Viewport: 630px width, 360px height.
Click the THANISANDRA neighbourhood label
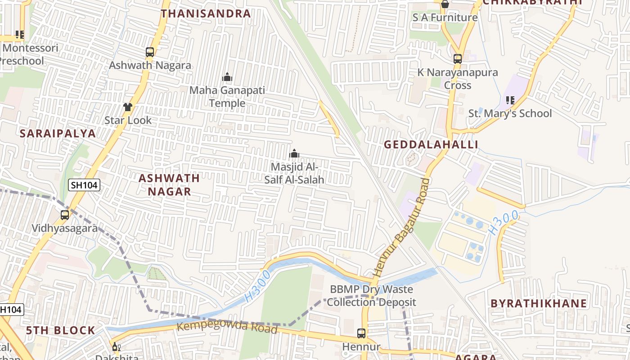(x=206, y=13)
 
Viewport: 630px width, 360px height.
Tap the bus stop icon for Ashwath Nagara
(x=150, y=52)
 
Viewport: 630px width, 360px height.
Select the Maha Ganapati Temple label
(x=227, y=97)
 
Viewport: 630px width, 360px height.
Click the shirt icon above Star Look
(x=128, y=107)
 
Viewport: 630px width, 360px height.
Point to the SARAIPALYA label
(x=58, y=133)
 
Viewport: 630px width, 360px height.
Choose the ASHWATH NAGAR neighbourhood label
(x=169, y=184)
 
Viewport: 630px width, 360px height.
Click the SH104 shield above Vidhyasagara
(x=84, y=185)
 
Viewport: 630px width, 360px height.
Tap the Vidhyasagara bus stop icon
(x=65, y=215)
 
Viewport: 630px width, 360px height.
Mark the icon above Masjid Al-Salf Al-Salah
(x=294, y=154)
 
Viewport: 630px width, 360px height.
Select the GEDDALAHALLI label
(x=431, y=144)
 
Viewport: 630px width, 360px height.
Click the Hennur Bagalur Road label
(x=400, y=228)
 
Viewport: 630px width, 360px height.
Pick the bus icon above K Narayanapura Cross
(x=458, y=59)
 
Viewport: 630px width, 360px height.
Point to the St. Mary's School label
(x=510, y=113)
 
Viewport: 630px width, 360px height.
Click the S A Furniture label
(x=445, y=18)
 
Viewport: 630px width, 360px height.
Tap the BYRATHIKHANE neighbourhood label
(x=539, y=303)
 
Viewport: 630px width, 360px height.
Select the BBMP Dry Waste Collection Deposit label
(x=371, y=296)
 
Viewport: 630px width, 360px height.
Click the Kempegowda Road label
(x=227, y=327)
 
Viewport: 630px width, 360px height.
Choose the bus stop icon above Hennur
(x=361, y=333)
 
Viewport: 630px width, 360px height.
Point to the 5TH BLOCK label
(x=60, y=330)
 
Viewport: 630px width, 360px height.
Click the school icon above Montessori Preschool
(x=19, y=34)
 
